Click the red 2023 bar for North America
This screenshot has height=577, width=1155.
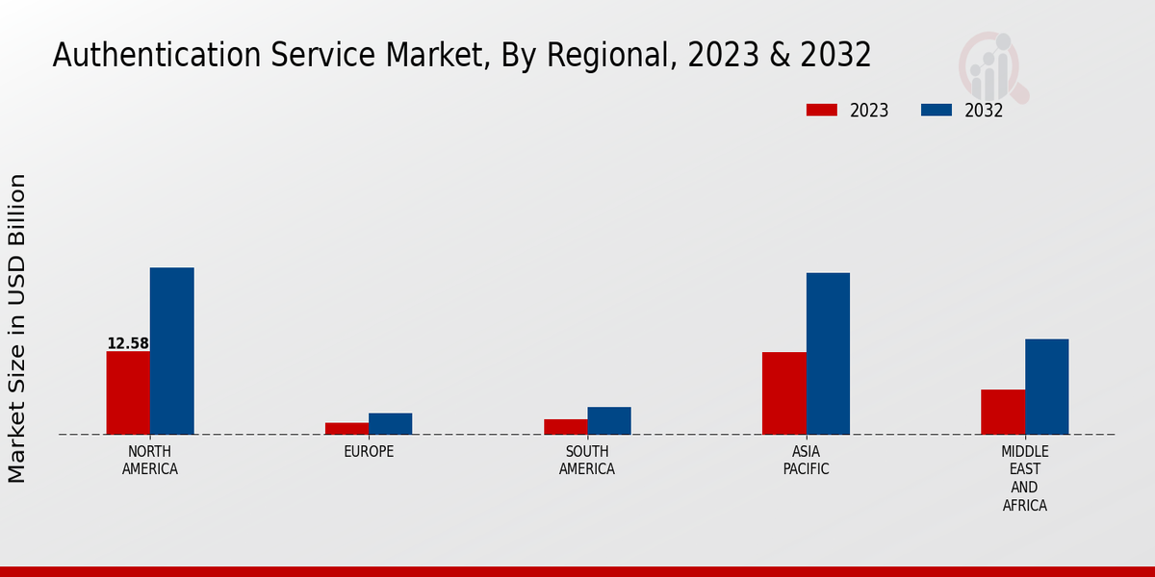pos(128,392)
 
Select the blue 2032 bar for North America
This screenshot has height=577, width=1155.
pos(171,351)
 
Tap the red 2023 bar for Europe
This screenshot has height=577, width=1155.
pos(346,428)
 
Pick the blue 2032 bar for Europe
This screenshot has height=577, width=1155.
pos(390,423)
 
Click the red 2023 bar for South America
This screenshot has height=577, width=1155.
pos(565,426)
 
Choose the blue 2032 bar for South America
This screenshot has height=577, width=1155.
pos(609,420)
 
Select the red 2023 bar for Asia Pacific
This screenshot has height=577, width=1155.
pos(784,393)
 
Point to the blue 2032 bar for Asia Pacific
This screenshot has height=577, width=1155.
pos(828,353)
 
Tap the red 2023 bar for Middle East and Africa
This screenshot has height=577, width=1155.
pos(1003,412)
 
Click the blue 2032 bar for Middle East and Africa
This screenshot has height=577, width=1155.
pos(1046,387)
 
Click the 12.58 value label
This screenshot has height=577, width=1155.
pos(128,343)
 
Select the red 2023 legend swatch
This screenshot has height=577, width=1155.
pos(821,111)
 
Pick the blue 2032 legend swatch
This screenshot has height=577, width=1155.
pos(937,111)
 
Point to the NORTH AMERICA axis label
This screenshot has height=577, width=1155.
pos(150,461)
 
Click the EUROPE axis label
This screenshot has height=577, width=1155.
pos(369,452)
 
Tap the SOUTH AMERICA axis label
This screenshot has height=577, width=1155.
pos(587,461)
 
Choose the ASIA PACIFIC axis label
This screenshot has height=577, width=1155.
pos(806,461)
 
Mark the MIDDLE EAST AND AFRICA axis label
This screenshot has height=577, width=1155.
pos(1025,478)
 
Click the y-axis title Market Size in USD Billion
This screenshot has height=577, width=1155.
pos(17,328)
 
